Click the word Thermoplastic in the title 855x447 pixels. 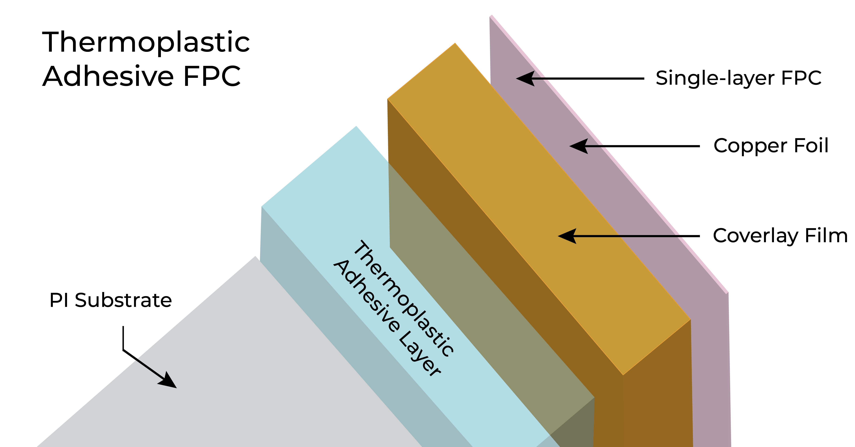[146, 42]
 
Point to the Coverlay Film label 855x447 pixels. [780, 236]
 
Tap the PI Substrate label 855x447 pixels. [110, 300]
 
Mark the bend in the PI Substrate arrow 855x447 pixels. [123, 350]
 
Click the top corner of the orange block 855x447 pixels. [455, 43]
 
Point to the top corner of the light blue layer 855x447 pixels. [356, 127]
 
